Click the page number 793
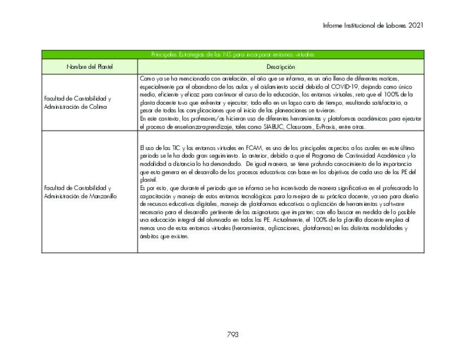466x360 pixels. click(x=233, y=335)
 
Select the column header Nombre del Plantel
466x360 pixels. click(x=89, y=67)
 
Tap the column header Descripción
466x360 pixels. click(x=281, y=67)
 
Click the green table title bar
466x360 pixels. click(x=233, y=54)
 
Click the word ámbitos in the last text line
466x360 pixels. click(x=148, y=236)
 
